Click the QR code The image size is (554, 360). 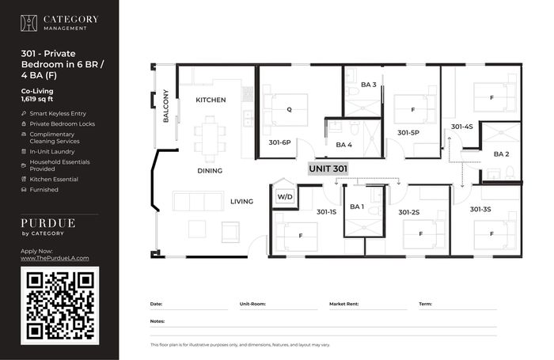pyautogui.click(x=59, y=305)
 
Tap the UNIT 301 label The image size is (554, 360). pyautogui.click(x=328, y=169)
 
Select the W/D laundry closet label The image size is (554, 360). pyautogui.click(x=285, y=197)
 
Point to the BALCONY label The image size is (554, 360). pyautogui.click(x=165, y=106)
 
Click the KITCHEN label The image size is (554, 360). pyautogui.click(x=211, y=100)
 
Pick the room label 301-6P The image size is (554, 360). pyautogui.click(x=279, y=142)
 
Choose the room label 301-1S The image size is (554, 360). pyautogui.click(x=326, y=212)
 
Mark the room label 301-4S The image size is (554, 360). pyautogui.click(x=461, y=127)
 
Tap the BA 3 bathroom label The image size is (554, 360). pyautogui.click(x=369, y=85)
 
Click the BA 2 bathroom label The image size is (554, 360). pyautogui.click(x=501, y=154)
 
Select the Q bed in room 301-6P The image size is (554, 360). pyautogui.click(x=286, y=110)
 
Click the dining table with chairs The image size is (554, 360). pyautogui.click(x=210, y=139)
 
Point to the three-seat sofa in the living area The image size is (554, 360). pyautogui.click(x=198, y=202)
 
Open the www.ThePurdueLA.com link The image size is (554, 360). pyautogui.click(x=55, y=258)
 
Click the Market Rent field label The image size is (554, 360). pyautogui.click(x=343, y=304)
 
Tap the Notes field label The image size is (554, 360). pyautogui.click(x=157, y=321)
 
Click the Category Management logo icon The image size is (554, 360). pyautogui.click(x=28, y=23)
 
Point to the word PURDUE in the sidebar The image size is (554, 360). pyautogui.click(x=48, y=223)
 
